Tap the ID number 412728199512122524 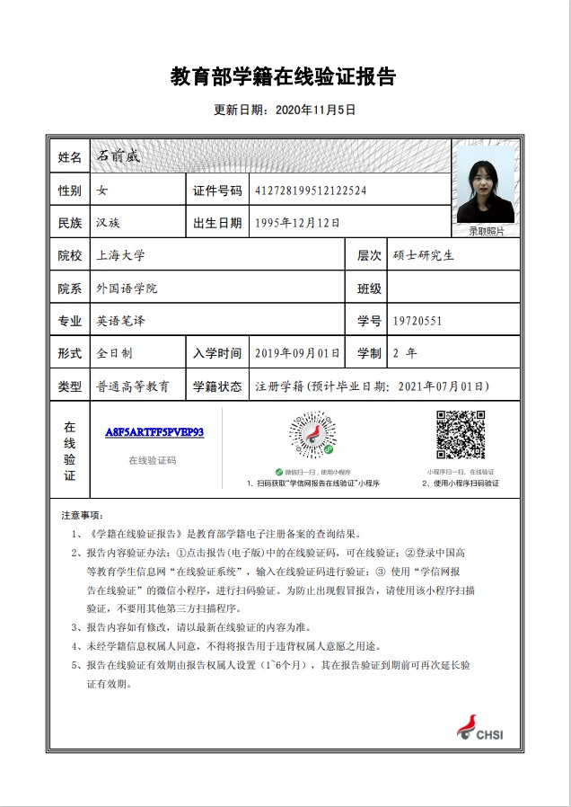(x=311, y=191)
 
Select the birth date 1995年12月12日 (x=297, y=223)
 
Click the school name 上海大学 (x=119, y=255)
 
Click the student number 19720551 (x=417, y=321)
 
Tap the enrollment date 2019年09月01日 (x=297, y=353)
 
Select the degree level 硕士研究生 (x=424, y=255)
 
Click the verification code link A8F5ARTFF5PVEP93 (x=154, y=432)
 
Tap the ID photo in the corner (x=486, y=185)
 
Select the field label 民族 (x=69, y=223)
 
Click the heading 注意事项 (x=82, y=517)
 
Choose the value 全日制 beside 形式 (x=114, y=353)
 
